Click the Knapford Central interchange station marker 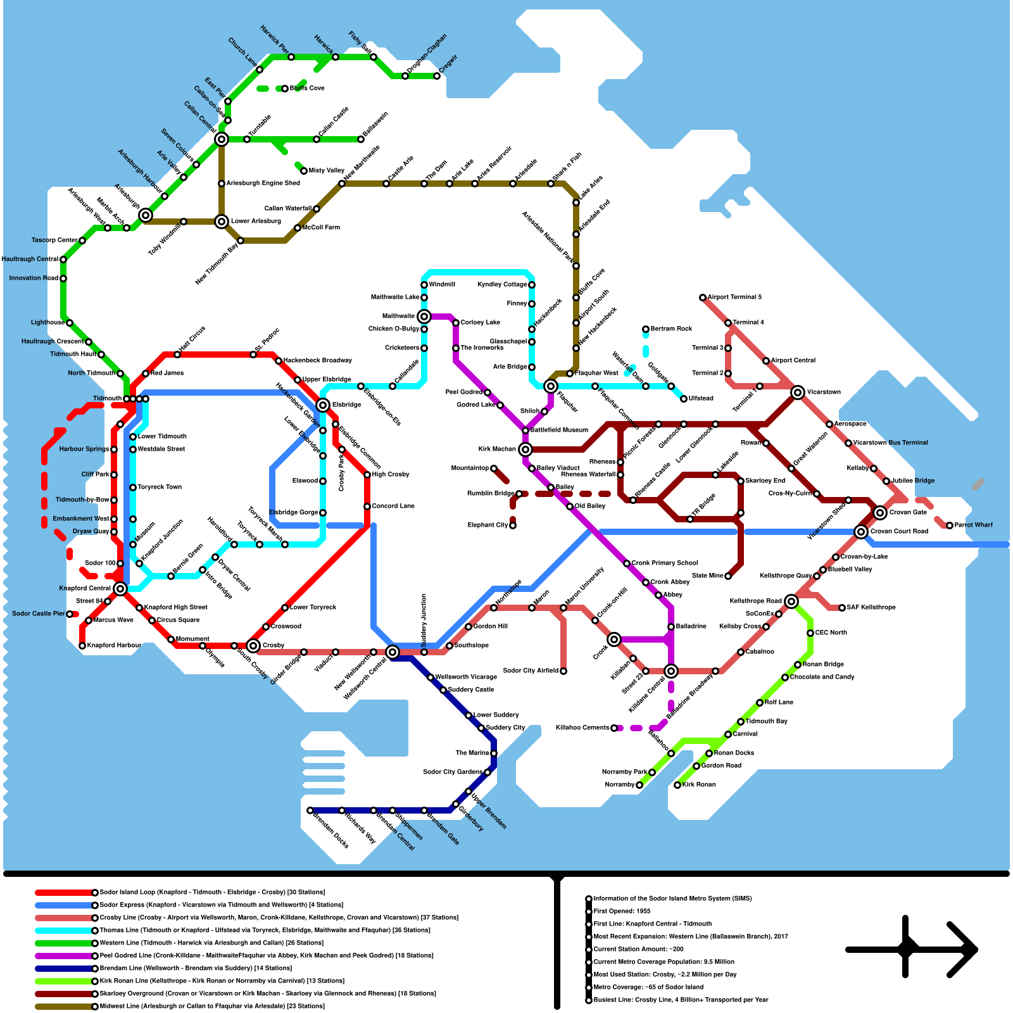(x=120, y=589)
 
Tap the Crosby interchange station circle (x=253, y=646)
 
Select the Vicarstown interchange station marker (x=798, y=393)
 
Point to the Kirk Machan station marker (x=525, y=450)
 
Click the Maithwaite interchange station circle (x=424, y=317)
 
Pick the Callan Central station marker (x=222, y=139)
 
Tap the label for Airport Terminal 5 (x=734, y=297)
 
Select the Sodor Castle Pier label (x=38, y=613)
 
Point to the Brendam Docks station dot (x=310, y=810)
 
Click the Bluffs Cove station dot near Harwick (x=285, y=89)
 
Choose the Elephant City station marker (x=513, y=525)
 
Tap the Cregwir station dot (x=437, y=76)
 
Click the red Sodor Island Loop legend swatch (x=63, y=893)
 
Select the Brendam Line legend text (x=196, y=968)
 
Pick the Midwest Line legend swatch (x=63, y=1007)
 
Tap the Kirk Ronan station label (x=699, y=784)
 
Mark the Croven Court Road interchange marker (x=861, y=532)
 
